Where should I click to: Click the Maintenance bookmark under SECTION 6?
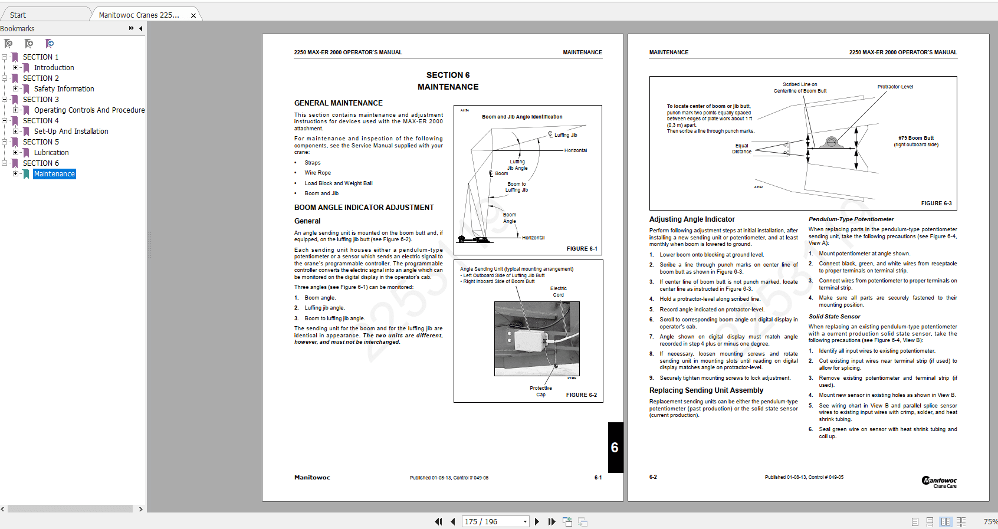pyautogui.click(x=54, y=174)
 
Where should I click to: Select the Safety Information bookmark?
pyautogui.click(x=64, y=89)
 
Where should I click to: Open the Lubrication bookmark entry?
pyautogui.click(x=51, y=153)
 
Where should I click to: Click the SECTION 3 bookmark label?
pyautogui.click(x=41, y=100)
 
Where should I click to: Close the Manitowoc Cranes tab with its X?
pyautogui.click(x=193, y=16)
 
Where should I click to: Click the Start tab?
pyautogui.click(x=18, y=15)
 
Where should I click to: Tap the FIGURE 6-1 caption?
pyautogui.click(x=582, y=249)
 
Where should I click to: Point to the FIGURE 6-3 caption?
pyautogui.click(x=936, y=203)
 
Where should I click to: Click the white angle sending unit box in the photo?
pyautogui.click(x=533, y=341)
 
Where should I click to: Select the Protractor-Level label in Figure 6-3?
pyautogui.click(x=895, y=87)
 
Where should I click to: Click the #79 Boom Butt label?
pyautogui.click(x=915, y=138)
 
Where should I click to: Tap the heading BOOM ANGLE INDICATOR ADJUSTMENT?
pyautogui.click(x=364, y=208)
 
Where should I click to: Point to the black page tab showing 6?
pyautogui.click(x=615, y=448)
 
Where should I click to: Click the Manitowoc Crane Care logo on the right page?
pyautogui.click(x=939, y=482)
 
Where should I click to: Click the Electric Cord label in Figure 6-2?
pyautogui.click(x=558, y=291)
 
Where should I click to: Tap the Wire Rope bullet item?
pyautogui.click(x=317, y=173)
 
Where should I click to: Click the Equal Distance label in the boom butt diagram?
pyautogui.click(x=741, y=149)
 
